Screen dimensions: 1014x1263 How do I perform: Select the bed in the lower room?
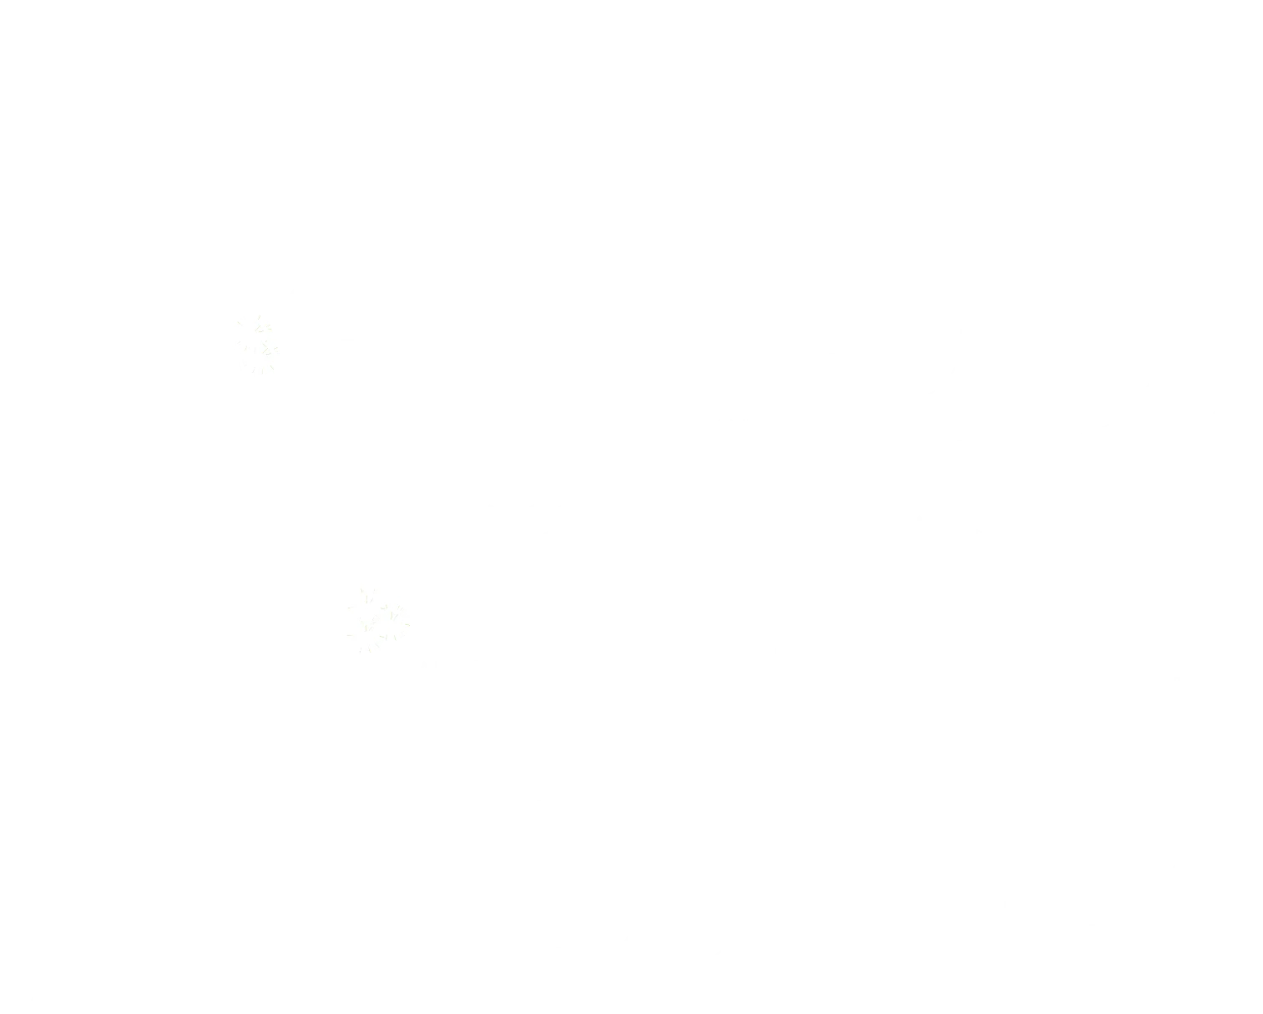tap(677, 868)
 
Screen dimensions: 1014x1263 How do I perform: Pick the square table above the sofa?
tap(922, 791)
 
